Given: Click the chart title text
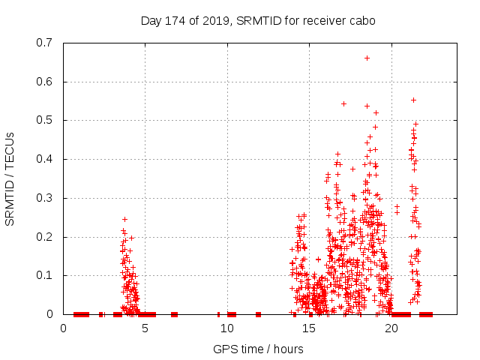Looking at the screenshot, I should (x=258, y=20).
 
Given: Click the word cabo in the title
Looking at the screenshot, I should (x=361, y=20).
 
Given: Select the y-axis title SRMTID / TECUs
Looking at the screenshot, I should (x=10, y=178).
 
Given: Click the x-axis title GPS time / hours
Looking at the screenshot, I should (x=258, y=349).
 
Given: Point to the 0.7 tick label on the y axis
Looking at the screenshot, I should (x=45, y=43).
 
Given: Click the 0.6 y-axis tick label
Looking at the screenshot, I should (x=45, y=82).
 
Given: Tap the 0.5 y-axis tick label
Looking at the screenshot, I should (x=45, y=120).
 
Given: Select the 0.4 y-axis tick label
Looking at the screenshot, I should (x=45, y=159).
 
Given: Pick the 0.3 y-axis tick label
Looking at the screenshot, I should (x=45, y=198).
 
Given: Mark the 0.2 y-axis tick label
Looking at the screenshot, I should (x=45, y=237).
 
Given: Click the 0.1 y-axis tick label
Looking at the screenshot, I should (x=45, y=275).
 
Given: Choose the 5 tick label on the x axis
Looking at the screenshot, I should (x=145, y=328).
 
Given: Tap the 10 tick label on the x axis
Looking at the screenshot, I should (x=227, y=328).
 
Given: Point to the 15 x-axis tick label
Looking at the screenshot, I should (x=310, y=328).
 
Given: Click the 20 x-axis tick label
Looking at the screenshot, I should (x=391, y=328).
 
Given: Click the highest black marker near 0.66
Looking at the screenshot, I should (x=367, y=58).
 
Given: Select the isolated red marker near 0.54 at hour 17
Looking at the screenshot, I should (x=343, y=103).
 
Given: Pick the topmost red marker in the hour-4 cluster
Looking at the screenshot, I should (x=124, y=219).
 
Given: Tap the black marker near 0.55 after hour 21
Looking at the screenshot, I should (x=413, y=100).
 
